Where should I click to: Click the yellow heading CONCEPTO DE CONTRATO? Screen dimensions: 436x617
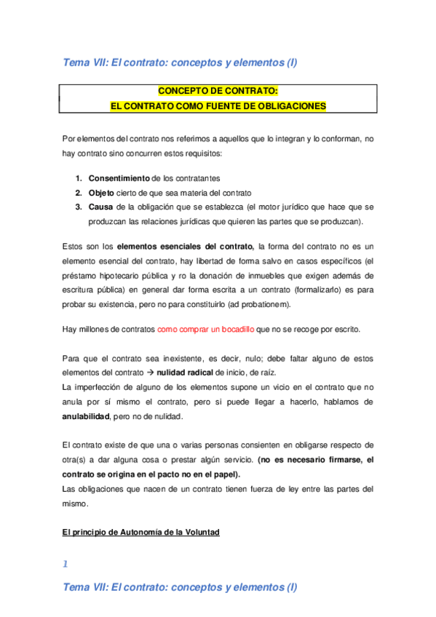coord(218,92)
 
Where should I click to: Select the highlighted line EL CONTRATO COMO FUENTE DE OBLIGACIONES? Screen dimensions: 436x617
coord(218,106)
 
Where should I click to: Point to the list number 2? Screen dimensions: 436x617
coord(79,192)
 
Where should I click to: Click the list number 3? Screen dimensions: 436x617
coord(79,207)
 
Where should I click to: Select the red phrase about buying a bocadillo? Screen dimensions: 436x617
coord(205,329)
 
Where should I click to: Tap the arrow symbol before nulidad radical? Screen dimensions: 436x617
coord(149,372)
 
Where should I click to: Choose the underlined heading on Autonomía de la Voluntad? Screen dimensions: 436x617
coord(140,533)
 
